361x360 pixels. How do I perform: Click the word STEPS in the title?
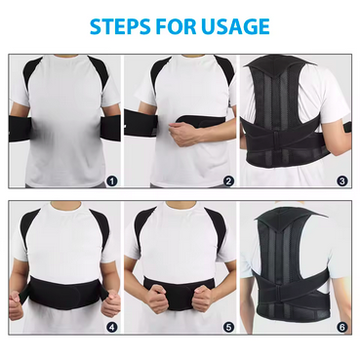(x=120, y=26)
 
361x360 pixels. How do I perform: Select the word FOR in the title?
(x=176, y=26)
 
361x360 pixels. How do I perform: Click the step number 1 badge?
(x=112, y=181)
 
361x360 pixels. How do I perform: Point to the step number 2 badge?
(x=228, y=181)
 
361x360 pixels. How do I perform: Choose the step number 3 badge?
(x=342, y=181)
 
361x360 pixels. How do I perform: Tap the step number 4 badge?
(x=112, y=327)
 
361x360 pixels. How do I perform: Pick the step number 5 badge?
(x=228, y=327)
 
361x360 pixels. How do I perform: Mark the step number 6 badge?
(x=342, y=327)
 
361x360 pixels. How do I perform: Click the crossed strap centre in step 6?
(x=281, y=289)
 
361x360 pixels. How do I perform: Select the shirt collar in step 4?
(x=65, y=206)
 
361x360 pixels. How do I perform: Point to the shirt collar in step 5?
(x=181, y=206)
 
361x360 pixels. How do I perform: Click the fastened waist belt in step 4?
(x=64, y=292)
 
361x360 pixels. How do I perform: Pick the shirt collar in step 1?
(x=68, y=57)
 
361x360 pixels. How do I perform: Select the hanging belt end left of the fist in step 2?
(x=140, y=123)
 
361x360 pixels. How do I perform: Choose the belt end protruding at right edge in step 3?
(x=347, y=127)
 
